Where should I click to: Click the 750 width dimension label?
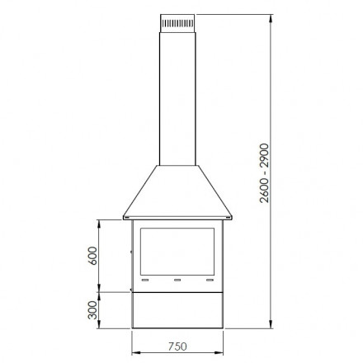pyautogui.click(x=177, y=346)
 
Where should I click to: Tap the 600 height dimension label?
pyautogui.click(x=93, y=256)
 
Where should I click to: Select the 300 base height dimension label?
pyautogui.click(x=93, y=310)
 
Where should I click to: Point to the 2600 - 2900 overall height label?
pyautogui.click(x=264, y=173)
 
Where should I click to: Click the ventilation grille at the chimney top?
pyautogui.click(x=177, y=23)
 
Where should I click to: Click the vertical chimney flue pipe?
pyautogui.click(x=177, y=99)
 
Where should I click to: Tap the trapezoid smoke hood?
pyautogui.click(x=177, y=191)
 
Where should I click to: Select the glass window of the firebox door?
pyautogui.click(x=177, y=252)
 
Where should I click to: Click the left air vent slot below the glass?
pyautogui.click(x=145, y=280)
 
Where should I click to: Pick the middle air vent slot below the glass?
pyautogui.click(x=177, y=280)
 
